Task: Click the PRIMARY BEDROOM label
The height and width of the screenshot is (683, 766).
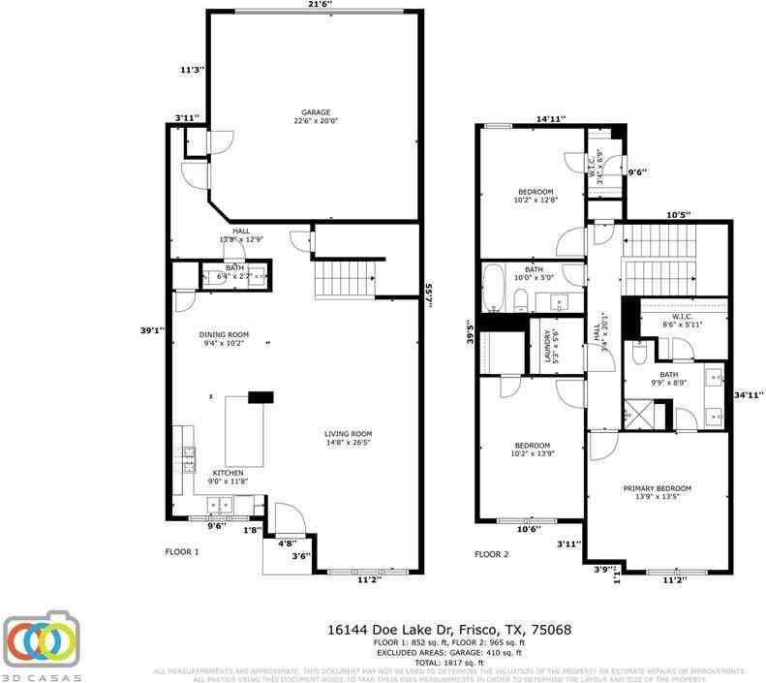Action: tap(659, 492)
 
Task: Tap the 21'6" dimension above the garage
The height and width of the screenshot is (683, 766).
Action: tap(319, 5)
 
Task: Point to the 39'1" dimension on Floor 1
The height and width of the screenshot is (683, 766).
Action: tap(150, 330)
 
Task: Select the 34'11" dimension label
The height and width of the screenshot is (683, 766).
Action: tap(749, 394)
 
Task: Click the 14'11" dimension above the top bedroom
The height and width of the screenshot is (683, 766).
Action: tap(551, 119)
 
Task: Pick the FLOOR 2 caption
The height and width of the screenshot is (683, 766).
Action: tap(491, 554)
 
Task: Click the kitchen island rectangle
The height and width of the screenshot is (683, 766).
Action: tap(244, 431)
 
